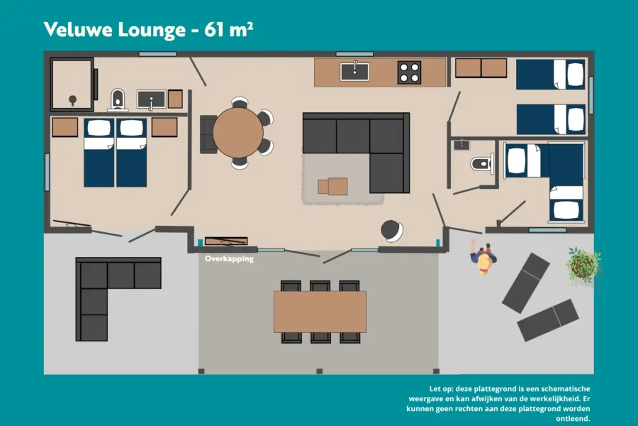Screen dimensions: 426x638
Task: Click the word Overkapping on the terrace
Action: pyautogui.click(x=229, y=259)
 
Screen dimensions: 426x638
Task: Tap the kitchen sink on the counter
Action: pyautogui.click(x=354, y=72)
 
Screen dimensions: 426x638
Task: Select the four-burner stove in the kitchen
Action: pyautogui.click(x=409, y=72)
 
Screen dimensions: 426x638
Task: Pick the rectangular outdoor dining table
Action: pyautogui.click(x=320, y=312)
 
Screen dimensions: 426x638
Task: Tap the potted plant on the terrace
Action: pyautogui.click(x=583, y=264)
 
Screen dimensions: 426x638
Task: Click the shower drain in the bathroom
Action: pyautogui.click(x=72, y=99)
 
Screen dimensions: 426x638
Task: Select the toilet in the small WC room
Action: pyautogui.click(x=482, y=164)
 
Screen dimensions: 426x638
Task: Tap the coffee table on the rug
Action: pyautogui.click(x=332, y=187)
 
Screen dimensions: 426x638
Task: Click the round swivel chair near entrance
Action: pyautogui.click(x=392, y=231)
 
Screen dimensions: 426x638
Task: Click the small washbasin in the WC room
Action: pyautogui.click(x=461, y=145)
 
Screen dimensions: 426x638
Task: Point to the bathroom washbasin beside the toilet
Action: pyautogui.click(x=151, y=99)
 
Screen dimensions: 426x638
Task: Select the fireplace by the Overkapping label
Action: pyautogui.click(x=226, y=241)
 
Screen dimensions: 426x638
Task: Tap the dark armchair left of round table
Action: pyautogui.click(x=208, y=134)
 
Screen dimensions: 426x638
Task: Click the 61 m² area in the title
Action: pyautogui.click(x=228, y=29)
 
